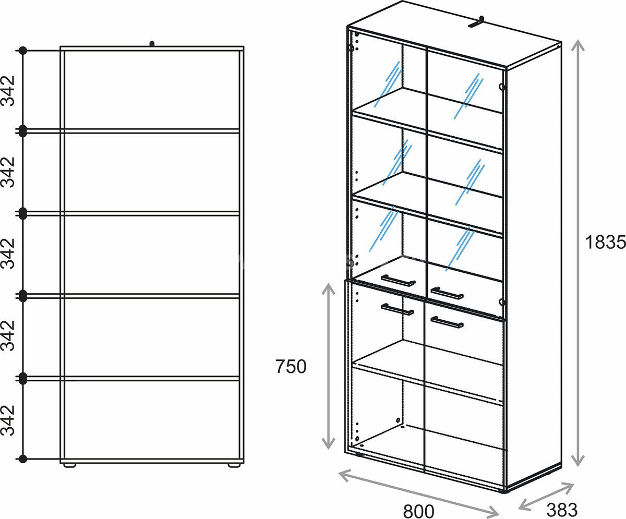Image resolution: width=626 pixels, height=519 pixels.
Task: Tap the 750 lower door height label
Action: [291, 366]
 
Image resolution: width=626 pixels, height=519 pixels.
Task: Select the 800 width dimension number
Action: [418, 511]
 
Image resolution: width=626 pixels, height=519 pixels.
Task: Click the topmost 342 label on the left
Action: [8, 91]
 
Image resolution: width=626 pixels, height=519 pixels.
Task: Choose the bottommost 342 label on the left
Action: [8, 420]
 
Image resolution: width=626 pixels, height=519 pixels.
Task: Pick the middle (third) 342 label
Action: [8, 254]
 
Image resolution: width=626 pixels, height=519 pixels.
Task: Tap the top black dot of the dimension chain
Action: [23, 51]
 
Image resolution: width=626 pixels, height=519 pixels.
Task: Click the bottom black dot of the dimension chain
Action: [23, 458]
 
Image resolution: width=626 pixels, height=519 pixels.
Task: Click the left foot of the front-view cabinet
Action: [69, 466]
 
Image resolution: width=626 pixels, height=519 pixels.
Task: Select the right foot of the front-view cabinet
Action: [234, 466]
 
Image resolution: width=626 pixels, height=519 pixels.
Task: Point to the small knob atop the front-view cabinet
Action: [152, 44]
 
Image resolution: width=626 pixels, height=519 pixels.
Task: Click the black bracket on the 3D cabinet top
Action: [477, 22]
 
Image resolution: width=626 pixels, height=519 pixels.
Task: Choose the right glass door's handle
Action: [447, 293]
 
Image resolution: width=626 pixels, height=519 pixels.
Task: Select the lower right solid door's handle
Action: [447, 322]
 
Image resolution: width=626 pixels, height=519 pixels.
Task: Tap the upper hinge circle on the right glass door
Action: [502, 87]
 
